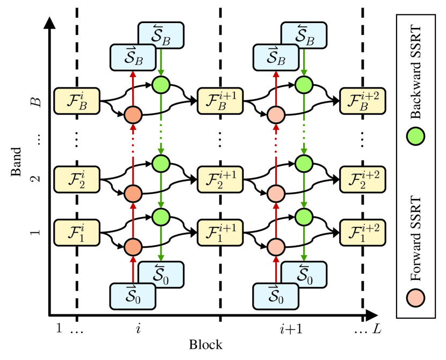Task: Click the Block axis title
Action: [204, 344]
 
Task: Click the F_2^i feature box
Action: [77, 178]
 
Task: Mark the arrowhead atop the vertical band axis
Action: [49, 23]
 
